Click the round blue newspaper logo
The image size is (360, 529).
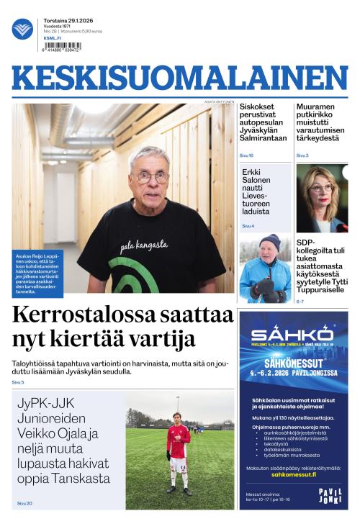point(22,29)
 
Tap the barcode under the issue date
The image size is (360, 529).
point(63,47)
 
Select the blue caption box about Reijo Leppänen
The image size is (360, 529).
point(37,273)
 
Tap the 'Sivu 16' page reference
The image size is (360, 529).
point(246,155)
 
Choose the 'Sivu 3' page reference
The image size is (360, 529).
point(302,155)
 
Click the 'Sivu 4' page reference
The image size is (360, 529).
point(248,226)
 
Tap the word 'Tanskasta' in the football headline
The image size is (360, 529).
point(81,478)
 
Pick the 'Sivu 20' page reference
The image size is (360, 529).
point(24,503)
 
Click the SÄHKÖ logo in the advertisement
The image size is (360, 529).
point(292,334)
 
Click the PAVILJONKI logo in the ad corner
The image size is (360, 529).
point(330,496)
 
